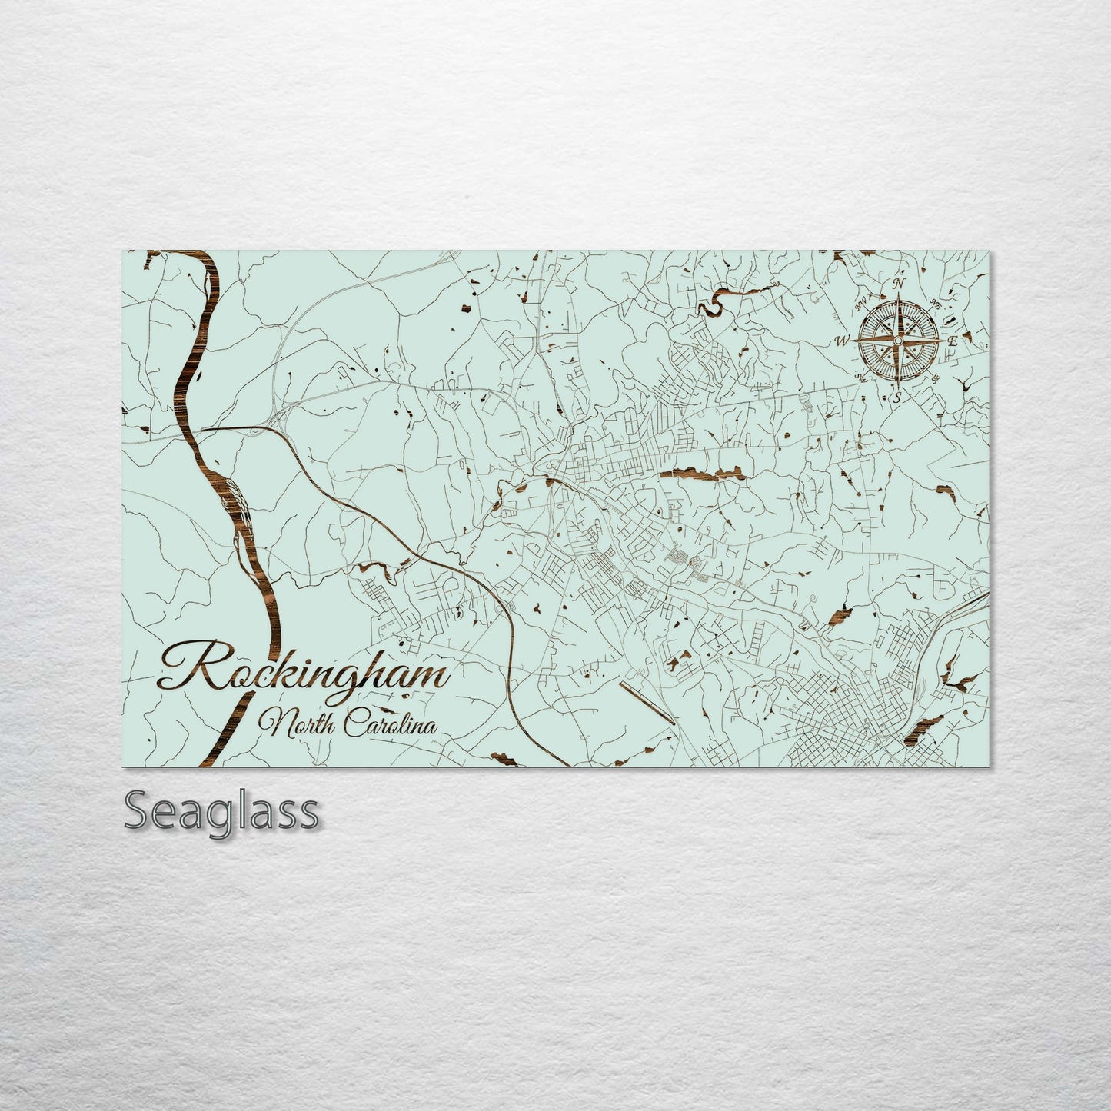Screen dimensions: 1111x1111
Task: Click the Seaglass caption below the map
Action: [x=221, y=812]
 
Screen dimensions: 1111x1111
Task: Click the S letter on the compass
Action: [x=896, y=397]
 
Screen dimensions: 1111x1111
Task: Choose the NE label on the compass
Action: [x=935, y=302]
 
